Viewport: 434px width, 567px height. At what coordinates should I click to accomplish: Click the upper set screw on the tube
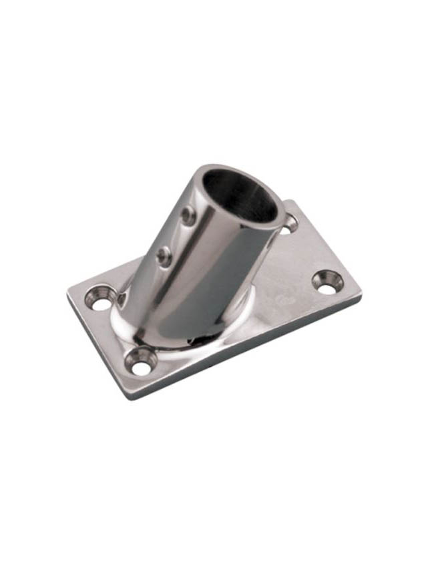click(x=189, y=215)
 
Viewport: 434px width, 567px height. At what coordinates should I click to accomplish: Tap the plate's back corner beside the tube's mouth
click(x=288, y=201)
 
